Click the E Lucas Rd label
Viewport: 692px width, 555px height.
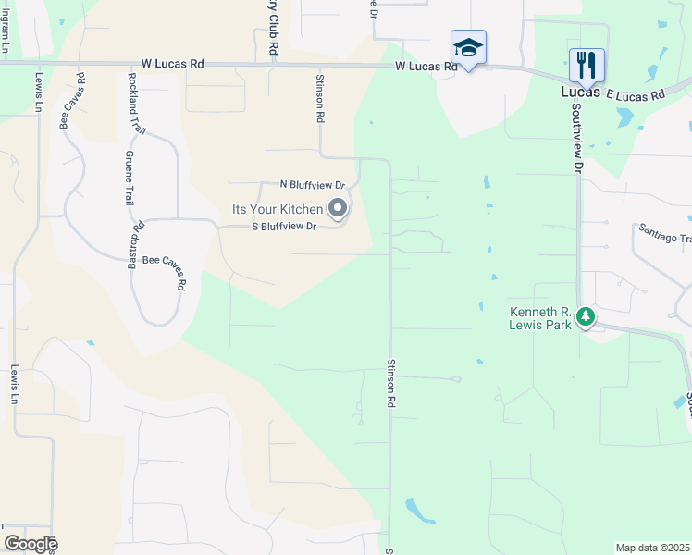click(x=636, y=95)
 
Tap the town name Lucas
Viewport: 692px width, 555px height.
click(x=581, y=92)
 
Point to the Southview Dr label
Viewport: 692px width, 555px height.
click(x=576, y=137)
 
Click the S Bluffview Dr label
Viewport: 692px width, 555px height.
click(x=285, y=226)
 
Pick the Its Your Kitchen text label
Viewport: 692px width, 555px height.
click(x=277, y=210)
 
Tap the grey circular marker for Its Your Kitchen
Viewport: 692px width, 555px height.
click(x=338, y=209)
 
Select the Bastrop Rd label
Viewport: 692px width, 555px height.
click(x=139, y=239)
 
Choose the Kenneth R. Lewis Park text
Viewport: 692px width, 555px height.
click(x=542, y=318)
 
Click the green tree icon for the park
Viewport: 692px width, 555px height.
click(x=585, y=317)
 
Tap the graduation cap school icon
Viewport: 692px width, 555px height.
click(x=468, y=48)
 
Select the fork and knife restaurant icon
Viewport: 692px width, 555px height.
click(x=587, y=66)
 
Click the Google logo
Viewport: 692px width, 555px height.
click(x=31, y=544)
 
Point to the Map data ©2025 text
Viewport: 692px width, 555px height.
click(x=651, y=548)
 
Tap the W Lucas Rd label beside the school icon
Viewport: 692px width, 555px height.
click(x=426, y=67)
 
